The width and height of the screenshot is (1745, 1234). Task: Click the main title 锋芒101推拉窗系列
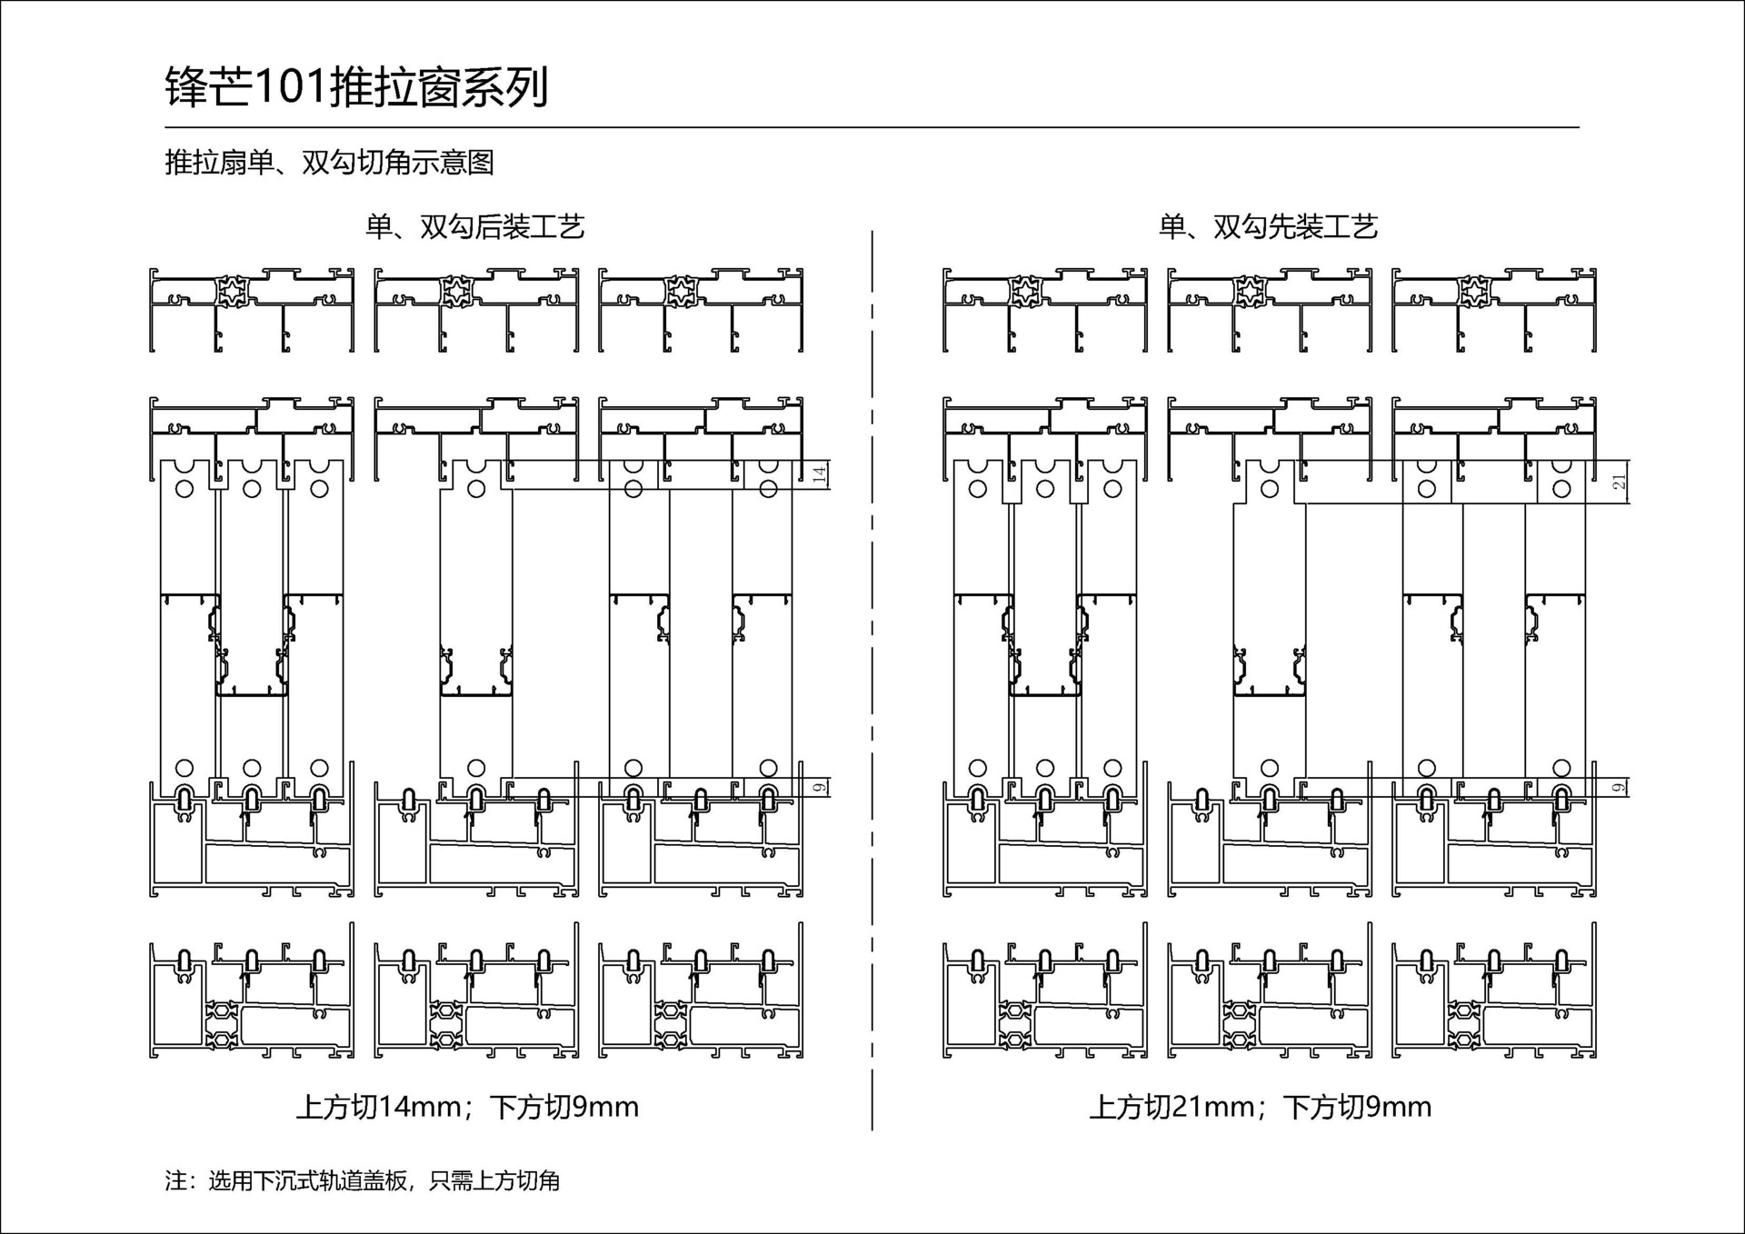(356, 88)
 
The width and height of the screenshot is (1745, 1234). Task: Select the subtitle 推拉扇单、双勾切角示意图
(329, 163)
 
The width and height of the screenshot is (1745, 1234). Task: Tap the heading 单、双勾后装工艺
(474, 226)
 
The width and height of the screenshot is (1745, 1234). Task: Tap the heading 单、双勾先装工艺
(1268, 226)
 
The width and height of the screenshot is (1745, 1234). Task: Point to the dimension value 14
(820, 474)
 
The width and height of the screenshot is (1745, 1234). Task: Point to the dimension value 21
(1620, 482)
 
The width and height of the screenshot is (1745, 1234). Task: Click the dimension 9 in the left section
(820, 787)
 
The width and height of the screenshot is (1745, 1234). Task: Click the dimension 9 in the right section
(1620, 787)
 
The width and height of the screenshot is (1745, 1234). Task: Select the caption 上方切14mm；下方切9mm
(467, 1107)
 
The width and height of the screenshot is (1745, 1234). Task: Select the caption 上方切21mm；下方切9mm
(1261, 1107)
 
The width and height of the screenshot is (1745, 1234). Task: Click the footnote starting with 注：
(362, 1180)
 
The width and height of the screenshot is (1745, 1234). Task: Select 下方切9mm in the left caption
(564, 1107)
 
